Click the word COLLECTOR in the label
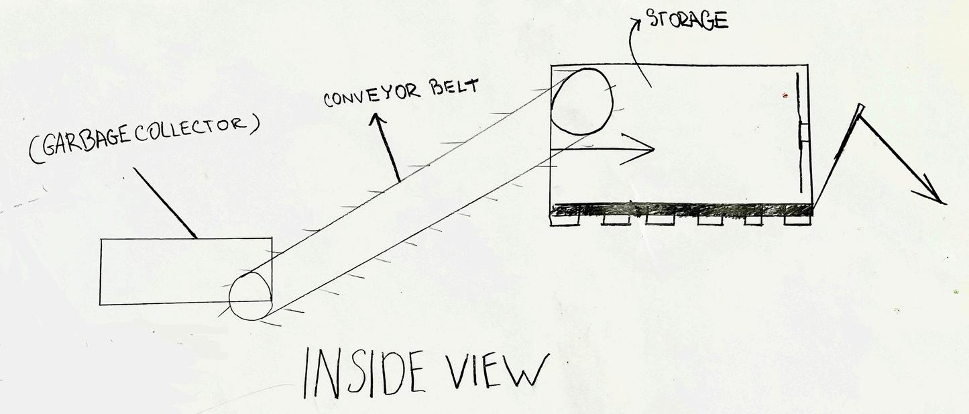tap(194, 127)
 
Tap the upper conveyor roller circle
tap(581, 101)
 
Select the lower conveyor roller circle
tap(250, 297)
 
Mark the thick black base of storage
tap(681, 209)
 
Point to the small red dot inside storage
tap(785, 96)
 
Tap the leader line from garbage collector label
tap(164, 202)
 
